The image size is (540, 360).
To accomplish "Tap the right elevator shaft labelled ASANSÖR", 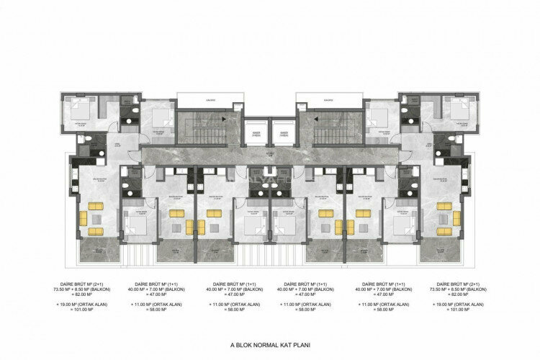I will tap(284, 134).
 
